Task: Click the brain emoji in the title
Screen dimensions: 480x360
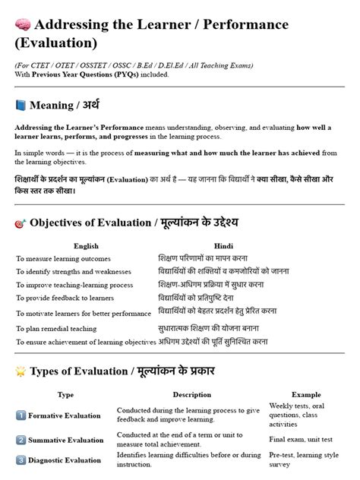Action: [x=22, y=24]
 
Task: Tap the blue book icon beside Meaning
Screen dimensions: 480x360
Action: [x=21, y=105]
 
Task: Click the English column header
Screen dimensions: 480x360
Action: [x=86, y=245]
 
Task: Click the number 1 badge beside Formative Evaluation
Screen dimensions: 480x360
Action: [x=21, y=415]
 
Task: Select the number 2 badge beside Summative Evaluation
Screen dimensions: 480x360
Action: [x=21, y=440]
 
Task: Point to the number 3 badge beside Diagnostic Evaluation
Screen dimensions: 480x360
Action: [x=21, y=459]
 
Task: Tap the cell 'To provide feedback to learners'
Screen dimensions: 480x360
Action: [x=67, y=297]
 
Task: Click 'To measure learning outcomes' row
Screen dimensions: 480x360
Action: [x=63, y=258]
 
